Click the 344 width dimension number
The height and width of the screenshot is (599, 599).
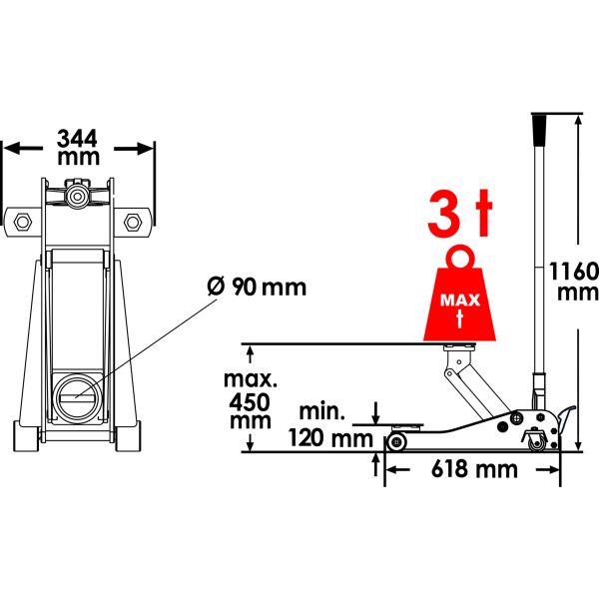pos(77,139)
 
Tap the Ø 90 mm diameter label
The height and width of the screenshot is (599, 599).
pos(257,287)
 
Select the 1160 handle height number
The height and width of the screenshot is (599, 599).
pos(574,272)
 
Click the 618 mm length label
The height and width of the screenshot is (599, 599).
pos(474,469)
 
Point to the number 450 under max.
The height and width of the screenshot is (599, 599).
pos(249,402)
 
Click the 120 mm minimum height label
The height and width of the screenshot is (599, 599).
pos(330,438)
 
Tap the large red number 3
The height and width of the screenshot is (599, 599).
pos(444,215)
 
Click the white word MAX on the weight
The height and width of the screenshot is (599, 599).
pos(460,300)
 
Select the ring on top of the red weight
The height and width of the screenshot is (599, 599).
pos(460,259)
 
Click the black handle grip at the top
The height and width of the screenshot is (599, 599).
pos(539,129)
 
